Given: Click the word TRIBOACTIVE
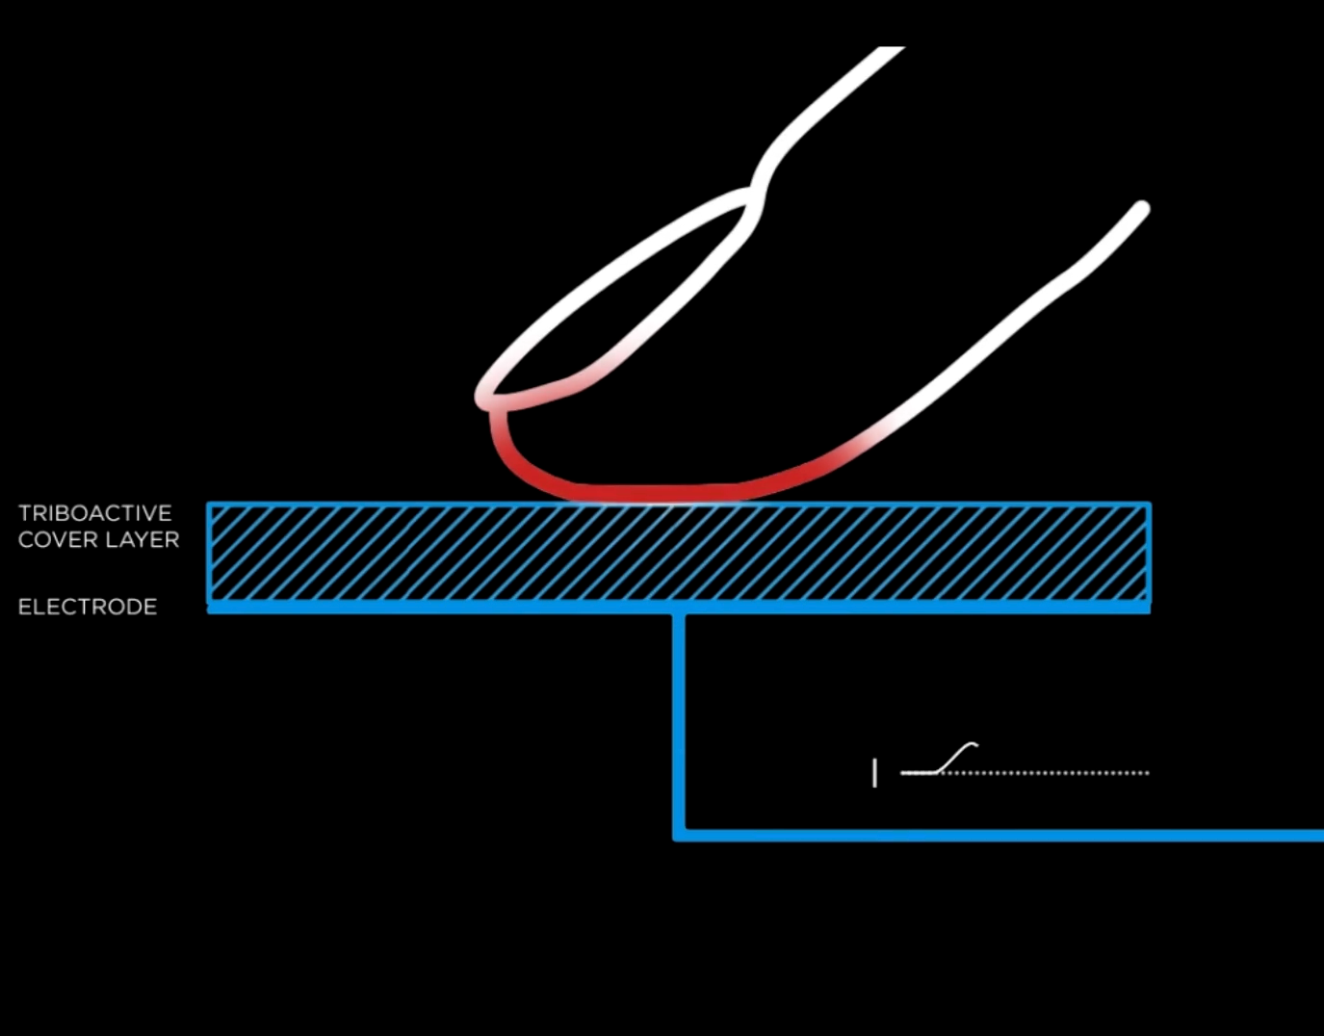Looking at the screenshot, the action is coord(94,513).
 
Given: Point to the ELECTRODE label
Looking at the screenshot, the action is coord(88,607).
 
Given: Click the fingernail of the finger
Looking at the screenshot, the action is coord(616,298).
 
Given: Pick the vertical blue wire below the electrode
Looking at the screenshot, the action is coord(679,722).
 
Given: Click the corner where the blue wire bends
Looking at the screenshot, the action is coord(680,834).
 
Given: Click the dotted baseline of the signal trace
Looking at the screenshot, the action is coord(1059,772).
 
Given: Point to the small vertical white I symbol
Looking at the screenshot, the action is coord(874,772).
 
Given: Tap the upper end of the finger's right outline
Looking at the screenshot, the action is coord(1141,209).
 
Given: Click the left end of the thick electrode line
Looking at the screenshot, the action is coord(212,608).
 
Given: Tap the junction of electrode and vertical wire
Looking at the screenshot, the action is coord(679,609).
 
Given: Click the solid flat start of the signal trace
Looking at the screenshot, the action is coord(917,772).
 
